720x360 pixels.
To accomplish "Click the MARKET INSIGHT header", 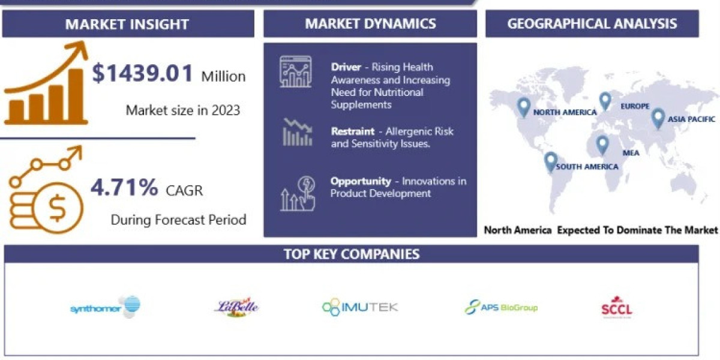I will (x=127, y=24).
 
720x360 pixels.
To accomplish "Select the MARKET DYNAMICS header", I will (x=370, y=23).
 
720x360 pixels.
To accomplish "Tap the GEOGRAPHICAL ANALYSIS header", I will (x=592, y=23).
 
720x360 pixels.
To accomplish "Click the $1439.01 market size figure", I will (x=143, y=74).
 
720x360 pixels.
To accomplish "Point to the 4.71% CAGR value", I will (x=124, y=188).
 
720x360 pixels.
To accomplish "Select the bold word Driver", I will (x=346, y=67).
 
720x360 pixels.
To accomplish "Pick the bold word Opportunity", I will (x=361, y=181).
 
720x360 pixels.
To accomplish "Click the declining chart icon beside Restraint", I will (x=296, y=132).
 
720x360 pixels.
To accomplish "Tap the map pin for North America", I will (x=524, y=107).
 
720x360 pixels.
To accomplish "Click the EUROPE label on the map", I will (x=635, y=106).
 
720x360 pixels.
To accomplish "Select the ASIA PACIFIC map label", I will (x=692, y=119).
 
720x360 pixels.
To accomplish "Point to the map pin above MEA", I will (x=602, y=144).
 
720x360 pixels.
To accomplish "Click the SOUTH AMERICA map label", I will (x=587, y=166).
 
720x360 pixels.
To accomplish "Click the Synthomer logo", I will (x=106, y=307).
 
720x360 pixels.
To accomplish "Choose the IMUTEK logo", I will (x=360, y=307).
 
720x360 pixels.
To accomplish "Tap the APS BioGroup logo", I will (x=501, y=307).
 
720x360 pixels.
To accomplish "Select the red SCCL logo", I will (x=617, y=307).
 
